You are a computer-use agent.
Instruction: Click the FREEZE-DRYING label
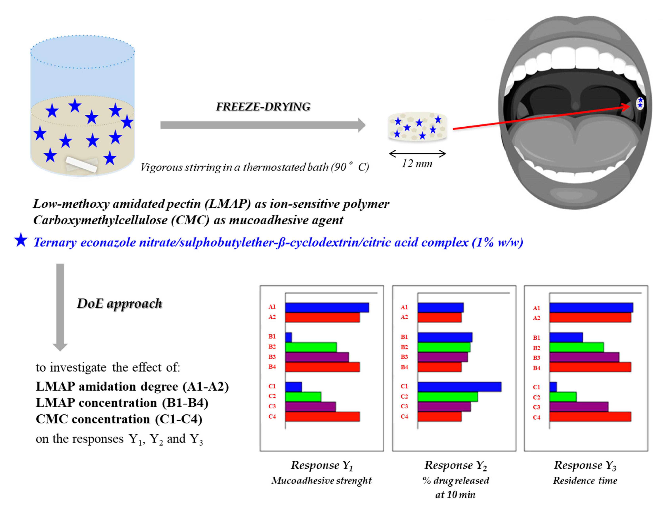tap(263, 107)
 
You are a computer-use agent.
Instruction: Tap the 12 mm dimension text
tap(417, 163)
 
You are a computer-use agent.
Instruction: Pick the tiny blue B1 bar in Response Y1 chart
tap(288, 337)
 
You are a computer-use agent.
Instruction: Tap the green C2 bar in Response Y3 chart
tap(563, 397)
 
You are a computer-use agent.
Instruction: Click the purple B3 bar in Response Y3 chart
tap(584, 357)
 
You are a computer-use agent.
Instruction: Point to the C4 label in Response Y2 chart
tap(404, 417)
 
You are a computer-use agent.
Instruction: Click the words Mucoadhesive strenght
tap(321, 480)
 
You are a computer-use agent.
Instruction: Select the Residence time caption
tap(585, 480)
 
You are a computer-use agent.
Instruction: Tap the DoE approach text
tap(119, 303)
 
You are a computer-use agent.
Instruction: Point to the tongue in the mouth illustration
tap(575, 141)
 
